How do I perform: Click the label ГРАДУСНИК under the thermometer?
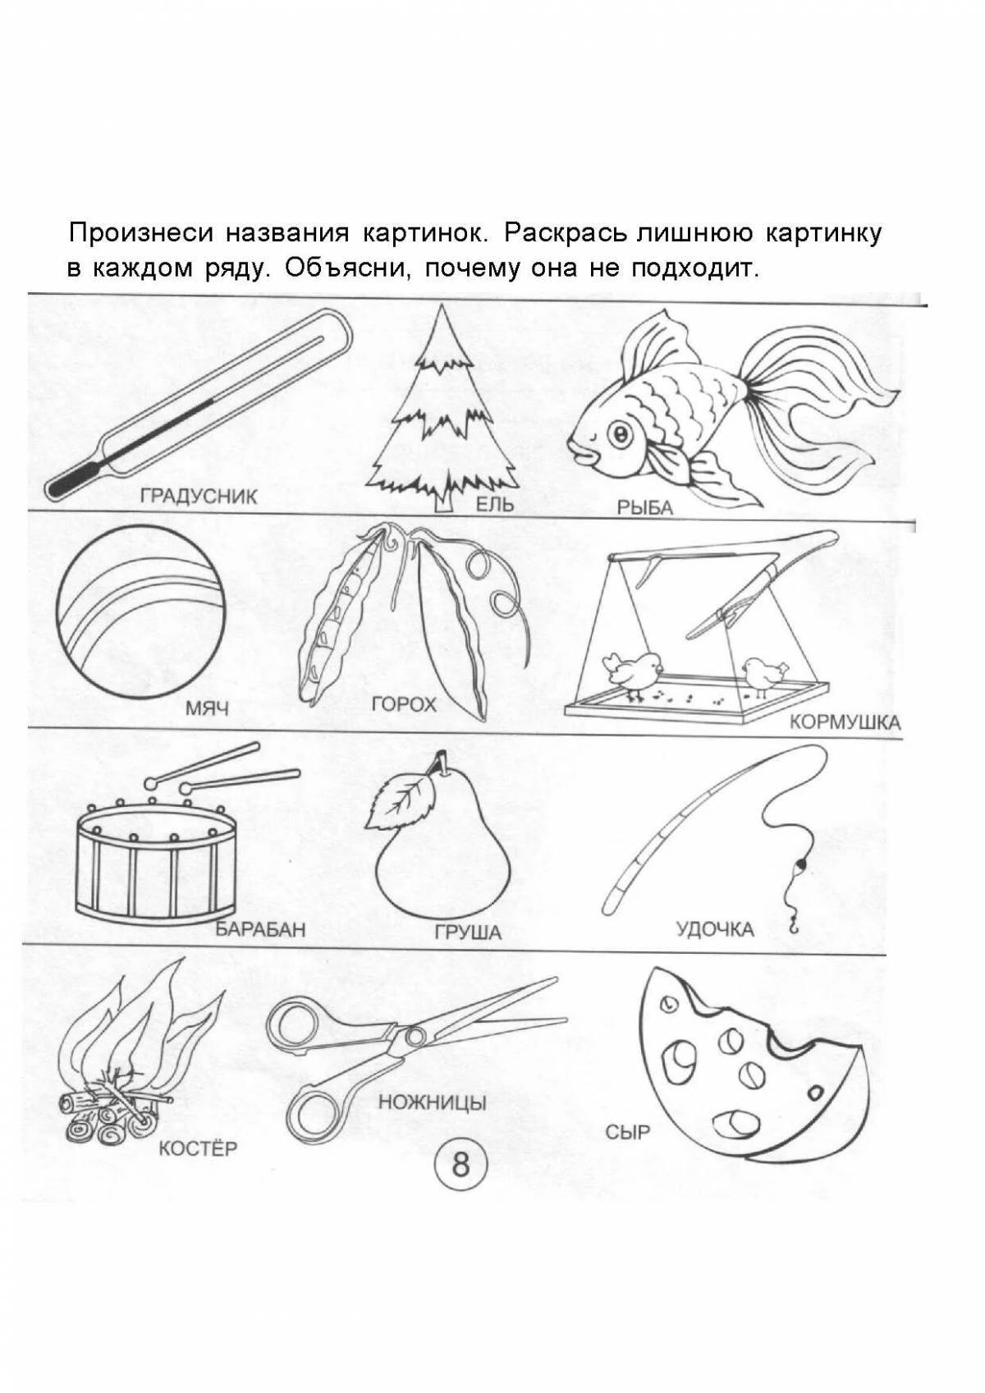[x=199, y=496]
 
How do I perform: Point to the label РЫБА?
[x=644, y=508]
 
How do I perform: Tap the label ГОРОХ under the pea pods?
[x=404, y=703]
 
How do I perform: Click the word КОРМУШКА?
[x=845, y=723]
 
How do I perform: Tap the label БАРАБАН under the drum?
[x=260, y=929]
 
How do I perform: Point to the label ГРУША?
[x=469, y=932]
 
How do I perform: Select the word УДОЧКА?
[x=714, y=929]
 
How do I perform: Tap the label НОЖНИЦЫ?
[x=433, y=1102]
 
